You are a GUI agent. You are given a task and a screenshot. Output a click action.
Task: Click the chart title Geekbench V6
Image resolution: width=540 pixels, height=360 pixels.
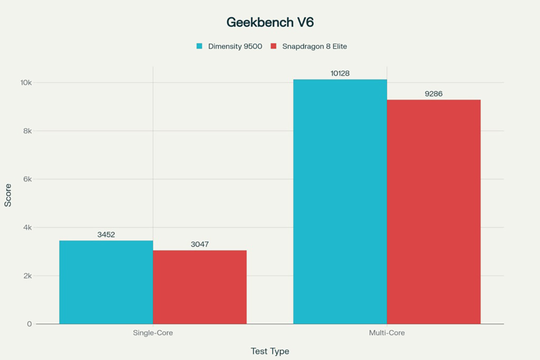[270, 22]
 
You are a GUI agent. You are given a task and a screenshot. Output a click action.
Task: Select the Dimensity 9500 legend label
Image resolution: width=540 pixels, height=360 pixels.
[235, 46]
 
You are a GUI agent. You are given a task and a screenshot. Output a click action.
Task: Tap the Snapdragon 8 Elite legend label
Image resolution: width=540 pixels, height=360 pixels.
[315, 46]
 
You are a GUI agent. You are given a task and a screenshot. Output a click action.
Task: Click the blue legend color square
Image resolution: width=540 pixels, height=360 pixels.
[199, 46]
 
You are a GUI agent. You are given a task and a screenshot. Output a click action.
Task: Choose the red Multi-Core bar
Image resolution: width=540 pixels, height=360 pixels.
[434, 211]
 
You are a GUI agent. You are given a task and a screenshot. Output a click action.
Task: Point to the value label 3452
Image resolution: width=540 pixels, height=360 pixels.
[106, 234]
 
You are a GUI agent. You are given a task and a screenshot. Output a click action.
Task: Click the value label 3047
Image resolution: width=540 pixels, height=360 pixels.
[200, 244]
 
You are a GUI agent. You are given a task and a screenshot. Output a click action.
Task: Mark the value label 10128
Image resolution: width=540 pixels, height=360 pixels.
[340, 73]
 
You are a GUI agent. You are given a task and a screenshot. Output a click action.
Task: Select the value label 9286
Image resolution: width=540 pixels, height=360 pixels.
[434, 94]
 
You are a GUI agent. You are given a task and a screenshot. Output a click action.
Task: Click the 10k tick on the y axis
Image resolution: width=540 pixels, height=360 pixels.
[24, 83]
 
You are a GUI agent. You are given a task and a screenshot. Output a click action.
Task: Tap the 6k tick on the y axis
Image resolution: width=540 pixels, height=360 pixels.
[26, 179]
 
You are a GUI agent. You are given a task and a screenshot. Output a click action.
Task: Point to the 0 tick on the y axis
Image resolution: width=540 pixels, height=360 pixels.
[29, 324]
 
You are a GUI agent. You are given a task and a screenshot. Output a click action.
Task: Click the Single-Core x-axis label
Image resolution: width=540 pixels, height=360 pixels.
[153, 333]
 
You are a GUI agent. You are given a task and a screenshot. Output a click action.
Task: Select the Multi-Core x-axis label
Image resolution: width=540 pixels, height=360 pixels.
[387, 333]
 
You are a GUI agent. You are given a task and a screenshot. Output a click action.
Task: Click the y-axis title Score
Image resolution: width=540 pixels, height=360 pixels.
[8, 198]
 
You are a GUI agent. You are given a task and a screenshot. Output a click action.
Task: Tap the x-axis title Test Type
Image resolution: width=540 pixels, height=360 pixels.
[270, 351]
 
